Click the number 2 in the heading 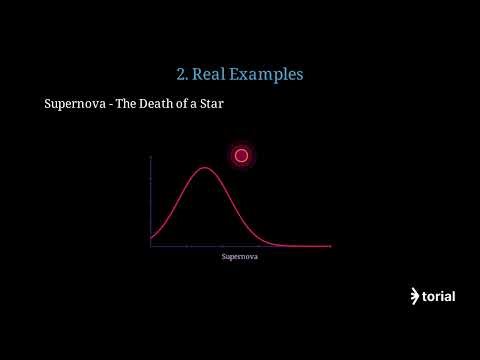point(180,74)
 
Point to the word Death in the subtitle point(162,104)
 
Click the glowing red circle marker point(241,155)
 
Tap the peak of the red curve point(204,168)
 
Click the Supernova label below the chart point(240,257)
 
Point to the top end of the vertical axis point(150,157)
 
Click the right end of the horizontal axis point(330,246)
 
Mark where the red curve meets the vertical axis point(150,238)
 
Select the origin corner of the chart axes point(150,246)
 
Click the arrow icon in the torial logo point(415,296)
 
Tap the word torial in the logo point(439,296)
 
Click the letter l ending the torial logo point(453,296)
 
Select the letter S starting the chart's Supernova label point(223,257)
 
